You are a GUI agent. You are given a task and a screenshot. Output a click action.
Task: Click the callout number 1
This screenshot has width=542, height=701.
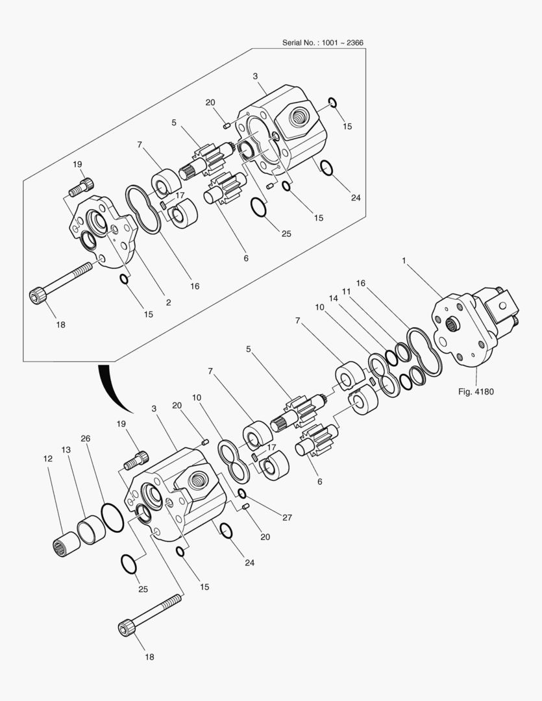click(404, 261)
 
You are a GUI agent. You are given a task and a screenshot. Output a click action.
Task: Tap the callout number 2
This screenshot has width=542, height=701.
click(168, 302)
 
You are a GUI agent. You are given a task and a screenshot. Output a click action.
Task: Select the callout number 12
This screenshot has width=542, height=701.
click(48, 459)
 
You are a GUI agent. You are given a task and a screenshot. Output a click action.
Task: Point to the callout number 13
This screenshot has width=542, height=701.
click(66, 450)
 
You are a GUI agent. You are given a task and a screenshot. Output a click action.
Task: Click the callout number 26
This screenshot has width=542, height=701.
click(86, 439)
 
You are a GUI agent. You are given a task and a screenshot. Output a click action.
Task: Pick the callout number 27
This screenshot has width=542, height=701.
click(287, 518)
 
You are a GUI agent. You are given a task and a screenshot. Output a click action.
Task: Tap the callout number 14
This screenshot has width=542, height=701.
click(333, 299)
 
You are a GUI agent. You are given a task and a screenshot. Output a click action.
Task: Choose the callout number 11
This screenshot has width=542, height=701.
click(346, 291)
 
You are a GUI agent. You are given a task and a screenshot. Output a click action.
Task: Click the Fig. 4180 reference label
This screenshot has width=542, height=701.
click(476, 392)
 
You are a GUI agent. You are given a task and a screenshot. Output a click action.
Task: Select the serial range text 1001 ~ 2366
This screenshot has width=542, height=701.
click(343, 43)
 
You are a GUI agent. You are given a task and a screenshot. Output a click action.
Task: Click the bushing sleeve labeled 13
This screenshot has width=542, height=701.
click(92, 530)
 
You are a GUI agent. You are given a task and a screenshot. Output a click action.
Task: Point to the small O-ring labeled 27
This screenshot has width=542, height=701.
click(242, 493)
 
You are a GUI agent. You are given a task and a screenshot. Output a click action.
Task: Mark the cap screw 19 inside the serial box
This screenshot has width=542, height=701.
click(81, 187)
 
